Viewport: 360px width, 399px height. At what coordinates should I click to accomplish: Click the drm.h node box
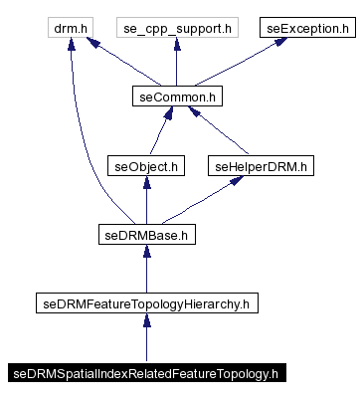(76, 29)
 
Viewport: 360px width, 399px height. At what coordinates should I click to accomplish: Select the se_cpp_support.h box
(175, 29)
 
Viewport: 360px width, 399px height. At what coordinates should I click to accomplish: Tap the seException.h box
(306, 29)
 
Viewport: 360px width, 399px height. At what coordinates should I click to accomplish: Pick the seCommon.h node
(175, 97)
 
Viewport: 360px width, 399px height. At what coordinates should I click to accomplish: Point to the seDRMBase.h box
(146, 235)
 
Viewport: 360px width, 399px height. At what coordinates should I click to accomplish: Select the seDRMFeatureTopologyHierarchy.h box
(146, 303)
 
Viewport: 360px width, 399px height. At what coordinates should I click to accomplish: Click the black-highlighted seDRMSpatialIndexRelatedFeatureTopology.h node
(146, 374)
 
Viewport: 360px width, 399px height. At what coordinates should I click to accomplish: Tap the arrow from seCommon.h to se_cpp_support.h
(175, 65)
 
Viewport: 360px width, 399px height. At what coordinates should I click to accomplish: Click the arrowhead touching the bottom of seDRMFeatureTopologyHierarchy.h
(146, 321)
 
